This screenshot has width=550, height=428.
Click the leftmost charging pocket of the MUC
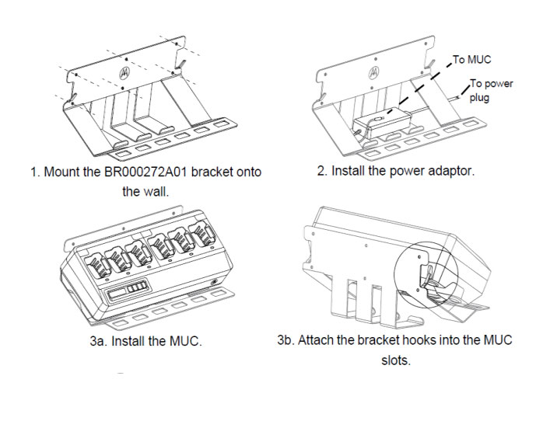pos(98,261)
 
